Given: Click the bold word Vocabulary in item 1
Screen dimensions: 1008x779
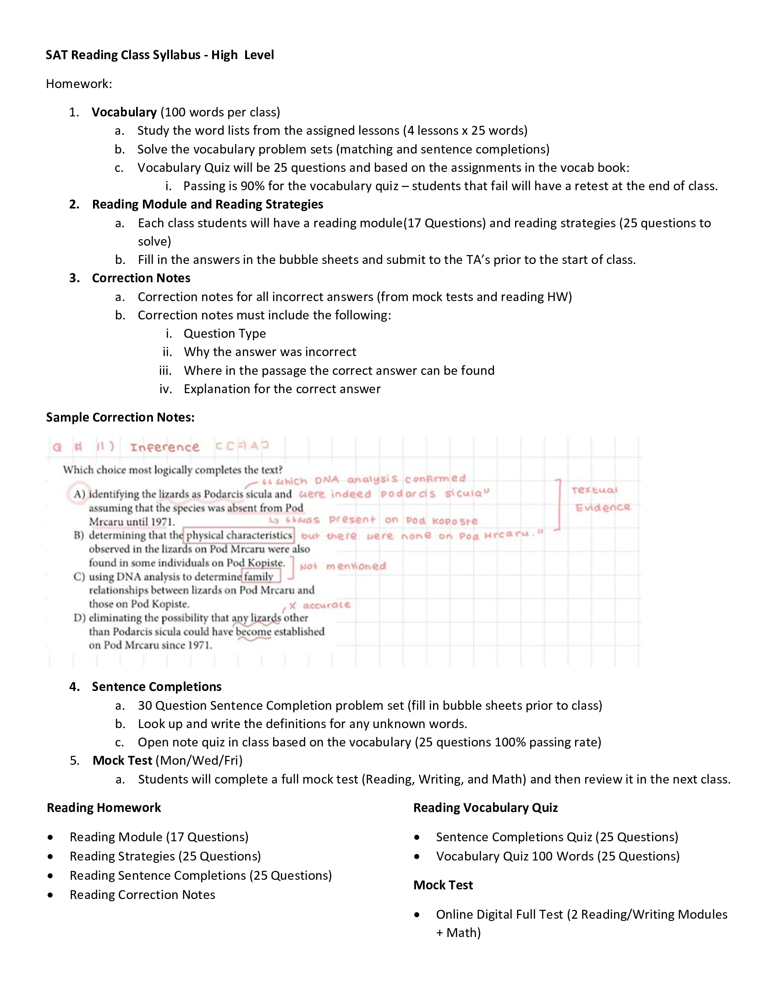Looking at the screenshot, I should [x=124, y=112].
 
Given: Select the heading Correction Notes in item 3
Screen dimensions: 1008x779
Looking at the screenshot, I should [x=141, y=278].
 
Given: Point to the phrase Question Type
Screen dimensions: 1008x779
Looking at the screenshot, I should [x=224, y=333].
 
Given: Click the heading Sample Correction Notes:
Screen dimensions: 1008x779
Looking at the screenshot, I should [x=120, y=417].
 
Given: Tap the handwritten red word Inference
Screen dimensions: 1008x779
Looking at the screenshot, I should [x=165, y=447].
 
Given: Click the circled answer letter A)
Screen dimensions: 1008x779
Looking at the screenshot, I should [x=79, y=494].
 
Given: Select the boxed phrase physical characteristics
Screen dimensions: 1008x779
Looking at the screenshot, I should [x=239, y=535].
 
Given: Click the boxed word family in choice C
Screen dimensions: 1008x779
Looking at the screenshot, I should [x=259, y=576].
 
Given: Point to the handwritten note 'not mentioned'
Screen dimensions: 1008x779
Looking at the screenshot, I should [x=342, y=566].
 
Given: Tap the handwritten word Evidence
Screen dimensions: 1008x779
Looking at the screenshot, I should [x=603, y=507].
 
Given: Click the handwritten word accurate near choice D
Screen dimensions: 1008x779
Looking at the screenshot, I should [x=326, y=605].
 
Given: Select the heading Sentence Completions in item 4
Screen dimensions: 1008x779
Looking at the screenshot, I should [x=156, y=686].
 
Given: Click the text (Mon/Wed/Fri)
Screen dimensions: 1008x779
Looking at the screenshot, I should [x=199, y=760].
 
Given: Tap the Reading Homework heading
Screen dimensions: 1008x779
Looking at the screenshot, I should [x=104, y=807].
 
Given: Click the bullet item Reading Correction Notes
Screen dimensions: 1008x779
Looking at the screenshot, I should [x=142, y=894].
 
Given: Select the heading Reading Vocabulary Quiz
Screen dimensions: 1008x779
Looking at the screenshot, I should [x=485, y=807].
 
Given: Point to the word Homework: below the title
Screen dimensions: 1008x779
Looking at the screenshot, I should [x=79, y=83].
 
